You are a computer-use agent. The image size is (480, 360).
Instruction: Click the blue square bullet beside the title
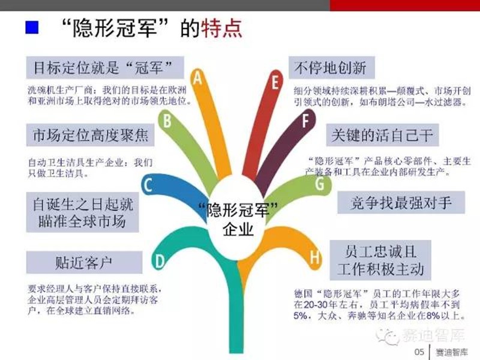click(32, 27)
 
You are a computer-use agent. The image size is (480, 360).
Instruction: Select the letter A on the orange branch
click(198, 78)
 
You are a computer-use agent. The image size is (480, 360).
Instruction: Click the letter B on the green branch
click(167, 121)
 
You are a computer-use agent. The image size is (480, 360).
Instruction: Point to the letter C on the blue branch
click(148, 185)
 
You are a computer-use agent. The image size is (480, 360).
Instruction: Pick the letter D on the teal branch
click(160, 262)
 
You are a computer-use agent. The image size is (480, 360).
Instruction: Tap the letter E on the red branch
click(275, 82)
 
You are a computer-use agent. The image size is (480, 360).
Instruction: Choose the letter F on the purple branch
click(305, 121)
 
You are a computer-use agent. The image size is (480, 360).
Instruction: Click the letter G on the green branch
click(320, 184)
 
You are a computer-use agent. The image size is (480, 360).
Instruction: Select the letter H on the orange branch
click(314, 257)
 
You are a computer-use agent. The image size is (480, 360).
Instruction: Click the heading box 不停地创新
click(332, 68)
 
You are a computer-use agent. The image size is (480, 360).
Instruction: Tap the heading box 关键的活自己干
click(382, 135)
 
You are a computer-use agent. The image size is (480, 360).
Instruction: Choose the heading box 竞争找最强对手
click(401, 202)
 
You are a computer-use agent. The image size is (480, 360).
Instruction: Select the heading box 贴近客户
click(84, 262)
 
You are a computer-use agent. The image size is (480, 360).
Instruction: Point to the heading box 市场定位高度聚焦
click(91, 135)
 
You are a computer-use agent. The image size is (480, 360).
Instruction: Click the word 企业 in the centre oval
click(238, 229)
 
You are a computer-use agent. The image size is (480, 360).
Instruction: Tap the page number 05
click(419, 352)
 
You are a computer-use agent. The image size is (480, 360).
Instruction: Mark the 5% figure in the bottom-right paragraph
click(301, 316)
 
